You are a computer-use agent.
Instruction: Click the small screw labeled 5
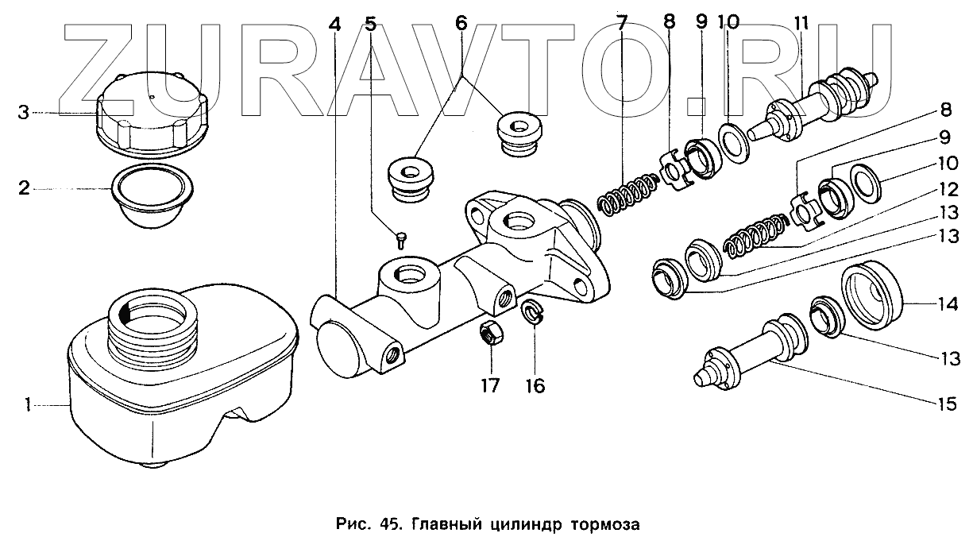point(403,236)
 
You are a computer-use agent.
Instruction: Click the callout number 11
point(797,24)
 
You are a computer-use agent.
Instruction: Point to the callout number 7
point(622,24)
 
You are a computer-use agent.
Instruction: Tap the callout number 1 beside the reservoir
point(28,406)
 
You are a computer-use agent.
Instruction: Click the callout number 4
point(334,24)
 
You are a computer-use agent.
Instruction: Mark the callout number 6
point(461,24)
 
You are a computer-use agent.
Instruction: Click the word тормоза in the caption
point(602,524)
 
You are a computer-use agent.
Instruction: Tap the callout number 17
point(490,386)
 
